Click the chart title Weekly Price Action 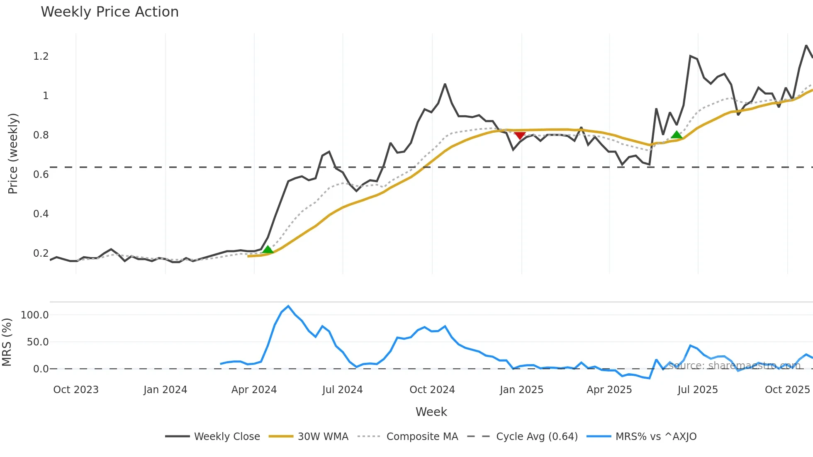[110, 12]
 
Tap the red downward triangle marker [520, 136]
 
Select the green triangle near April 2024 [268, 250]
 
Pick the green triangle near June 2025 [677, 134]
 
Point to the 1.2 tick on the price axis [41, 56]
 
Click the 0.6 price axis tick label [41, 175]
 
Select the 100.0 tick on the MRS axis [35, 315]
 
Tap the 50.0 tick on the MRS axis [38, 342]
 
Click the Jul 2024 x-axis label [342, 390]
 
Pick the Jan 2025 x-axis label [521, 390]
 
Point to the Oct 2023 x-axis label [76, 390]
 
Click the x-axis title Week [431, 412]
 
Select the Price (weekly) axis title [13, 153]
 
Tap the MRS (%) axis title [7, 342]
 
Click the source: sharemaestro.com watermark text [735, 365]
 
